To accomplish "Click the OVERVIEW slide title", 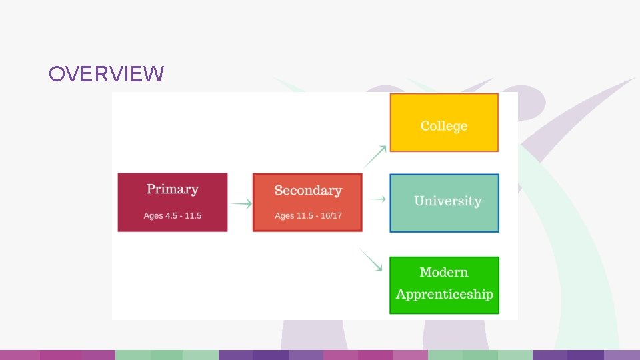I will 106,74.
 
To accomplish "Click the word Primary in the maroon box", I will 172,189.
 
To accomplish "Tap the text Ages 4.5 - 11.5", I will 172,216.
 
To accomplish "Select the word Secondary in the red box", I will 307,191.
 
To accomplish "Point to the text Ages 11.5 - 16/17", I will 308,216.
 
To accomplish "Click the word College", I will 443,126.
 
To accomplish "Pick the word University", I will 447,201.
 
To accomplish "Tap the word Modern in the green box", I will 444,272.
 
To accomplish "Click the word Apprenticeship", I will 444,294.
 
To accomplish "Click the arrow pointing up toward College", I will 375,156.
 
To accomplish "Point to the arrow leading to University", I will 377,199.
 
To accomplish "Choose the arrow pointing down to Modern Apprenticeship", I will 371,259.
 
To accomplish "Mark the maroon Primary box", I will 172,203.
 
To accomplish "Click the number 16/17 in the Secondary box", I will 331,216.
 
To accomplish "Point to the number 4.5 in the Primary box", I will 171,216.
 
